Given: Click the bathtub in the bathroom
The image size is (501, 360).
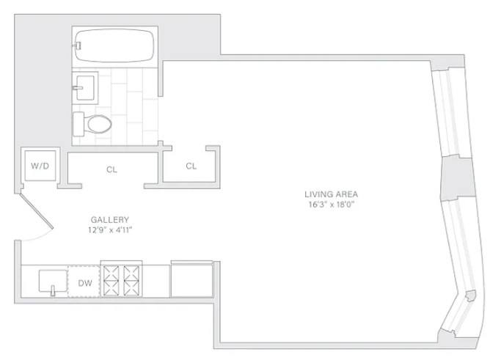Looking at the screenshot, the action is pos(114,45).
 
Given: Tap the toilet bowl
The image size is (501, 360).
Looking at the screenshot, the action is pos(99,124).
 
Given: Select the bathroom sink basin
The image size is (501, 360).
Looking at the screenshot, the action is pos(84,87).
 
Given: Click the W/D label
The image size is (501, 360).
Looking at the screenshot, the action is pos(40,166).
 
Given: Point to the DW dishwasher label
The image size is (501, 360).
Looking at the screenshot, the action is pos(85,283).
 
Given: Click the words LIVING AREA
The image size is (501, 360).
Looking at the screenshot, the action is pos(331,194).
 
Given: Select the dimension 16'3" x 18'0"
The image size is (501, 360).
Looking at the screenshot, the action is pos(332,205).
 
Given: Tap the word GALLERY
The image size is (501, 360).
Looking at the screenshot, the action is pos(110,220).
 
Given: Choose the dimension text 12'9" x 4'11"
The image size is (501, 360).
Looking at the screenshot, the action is pos(110,230).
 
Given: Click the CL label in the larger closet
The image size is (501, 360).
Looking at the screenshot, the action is pos(111,169).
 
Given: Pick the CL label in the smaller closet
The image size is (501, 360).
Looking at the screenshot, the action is pos(191,166).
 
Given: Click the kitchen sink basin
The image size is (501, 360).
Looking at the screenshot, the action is pos(53,281).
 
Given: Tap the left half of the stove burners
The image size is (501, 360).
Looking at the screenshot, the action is pos(111,281).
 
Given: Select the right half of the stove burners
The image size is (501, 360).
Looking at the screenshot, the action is pos(131,281).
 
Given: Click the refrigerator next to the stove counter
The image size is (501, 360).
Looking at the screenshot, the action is pos(191,279).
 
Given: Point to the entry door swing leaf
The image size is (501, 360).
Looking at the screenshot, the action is pos(37,211).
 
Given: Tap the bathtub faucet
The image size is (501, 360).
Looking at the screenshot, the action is pos(77,45).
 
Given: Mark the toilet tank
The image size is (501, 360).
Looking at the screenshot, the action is pos(78,124).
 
